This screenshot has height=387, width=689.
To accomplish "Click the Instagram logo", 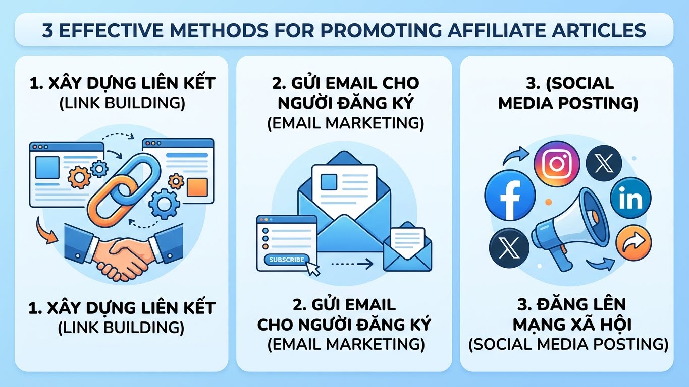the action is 557,164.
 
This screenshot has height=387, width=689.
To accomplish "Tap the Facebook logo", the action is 510,196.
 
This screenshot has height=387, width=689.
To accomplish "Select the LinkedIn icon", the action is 630,198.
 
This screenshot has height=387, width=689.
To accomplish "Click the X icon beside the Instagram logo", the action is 604,163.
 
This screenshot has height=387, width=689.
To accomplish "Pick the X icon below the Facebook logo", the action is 509,247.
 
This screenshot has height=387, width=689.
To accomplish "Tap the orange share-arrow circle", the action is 633,243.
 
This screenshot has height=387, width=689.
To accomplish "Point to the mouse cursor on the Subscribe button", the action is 313,269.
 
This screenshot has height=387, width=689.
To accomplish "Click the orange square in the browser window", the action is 197,187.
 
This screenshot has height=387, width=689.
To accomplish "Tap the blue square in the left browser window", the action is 47,167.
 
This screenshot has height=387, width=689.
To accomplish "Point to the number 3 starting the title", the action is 47,30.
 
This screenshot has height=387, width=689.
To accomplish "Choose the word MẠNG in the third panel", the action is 536,325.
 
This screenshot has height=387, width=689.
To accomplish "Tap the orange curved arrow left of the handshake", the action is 45,232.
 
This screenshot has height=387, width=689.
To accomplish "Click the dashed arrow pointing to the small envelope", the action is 352,263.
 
